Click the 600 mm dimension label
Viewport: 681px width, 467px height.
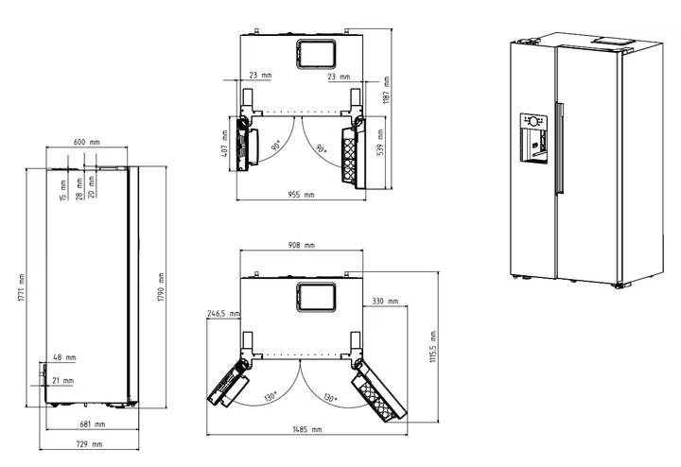[x=86, y=142]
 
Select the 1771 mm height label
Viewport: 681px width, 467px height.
[x=22, y=288]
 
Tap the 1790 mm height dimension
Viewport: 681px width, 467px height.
[x=161, y=287]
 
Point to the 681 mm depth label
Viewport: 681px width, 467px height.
[x=92, y=424]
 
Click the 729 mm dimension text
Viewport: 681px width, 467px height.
[x=89, y=444]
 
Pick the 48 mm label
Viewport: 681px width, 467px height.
[x=64, y=357]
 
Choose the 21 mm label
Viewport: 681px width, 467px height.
[x=63, y=381]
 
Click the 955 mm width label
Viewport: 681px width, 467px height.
[x=301, y=195]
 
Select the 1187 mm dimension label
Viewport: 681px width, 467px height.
[x=386, y=90]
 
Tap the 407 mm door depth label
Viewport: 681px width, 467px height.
[x=224, y=144]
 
